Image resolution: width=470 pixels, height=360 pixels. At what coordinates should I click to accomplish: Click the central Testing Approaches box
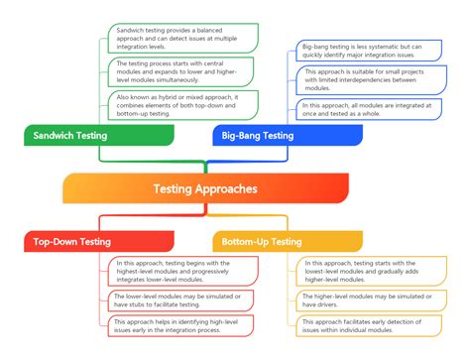[x=205, y=188]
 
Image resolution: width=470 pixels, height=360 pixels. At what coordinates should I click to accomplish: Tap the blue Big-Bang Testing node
[x=257, y=135]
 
